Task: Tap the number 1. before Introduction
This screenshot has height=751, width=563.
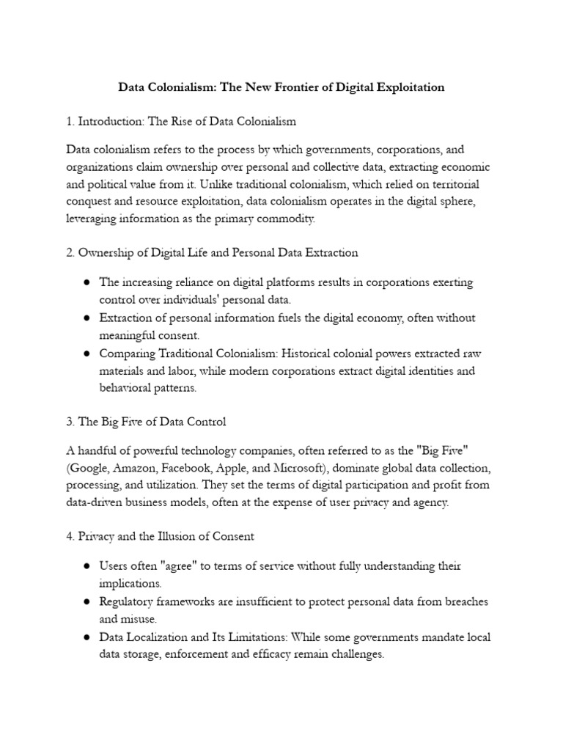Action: coord(70,120)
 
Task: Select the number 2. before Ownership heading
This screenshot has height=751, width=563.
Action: coord(70,252)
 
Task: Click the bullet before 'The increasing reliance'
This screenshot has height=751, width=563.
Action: coord(87,282)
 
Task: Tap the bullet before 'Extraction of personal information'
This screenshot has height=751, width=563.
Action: coord(87,318)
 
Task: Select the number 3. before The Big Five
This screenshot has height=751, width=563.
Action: coord(70,422)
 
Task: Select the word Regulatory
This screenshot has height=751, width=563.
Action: coord(128,601)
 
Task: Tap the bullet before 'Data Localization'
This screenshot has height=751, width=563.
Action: coord(87,637)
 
